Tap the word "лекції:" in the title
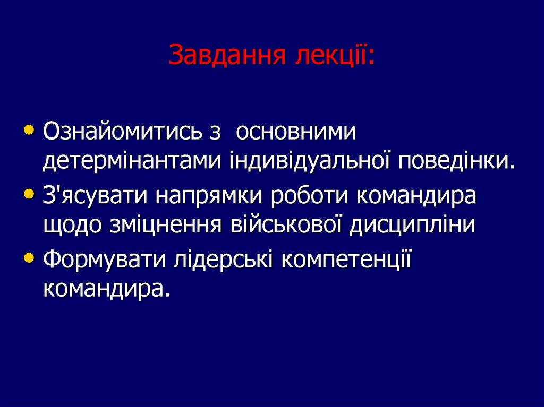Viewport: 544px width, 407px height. (335, 55)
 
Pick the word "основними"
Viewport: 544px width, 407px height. (295, 131)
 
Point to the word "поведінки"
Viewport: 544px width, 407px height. (455, 161)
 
